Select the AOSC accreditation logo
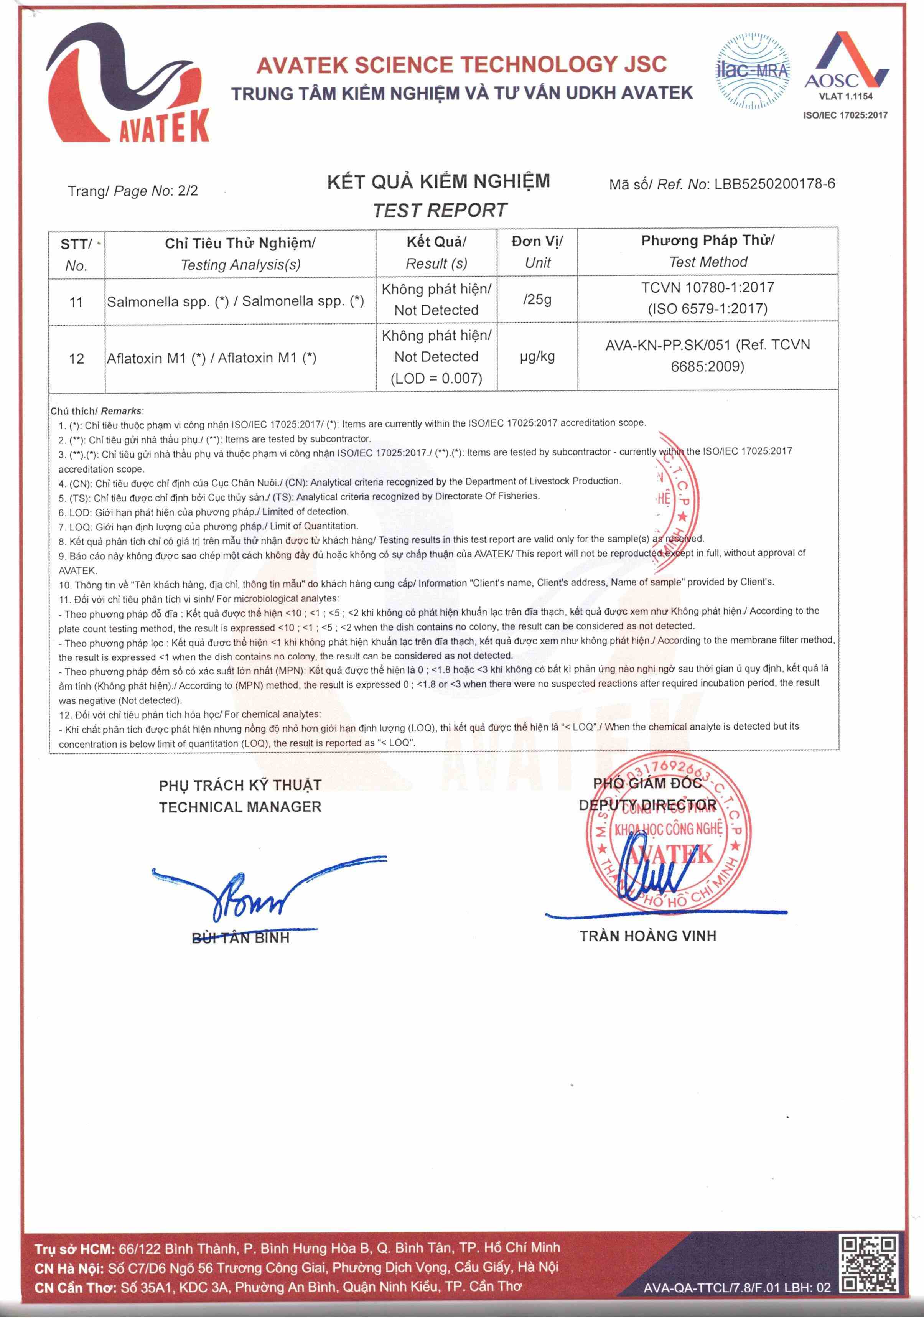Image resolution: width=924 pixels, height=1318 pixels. coord(845,69)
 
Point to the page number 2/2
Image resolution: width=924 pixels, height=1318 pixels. coord(188,191)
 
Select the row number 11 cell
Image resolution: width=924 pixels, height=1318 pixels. coord(76,302)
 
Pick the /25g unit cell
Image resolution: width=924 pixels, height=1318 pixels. coord(537,299)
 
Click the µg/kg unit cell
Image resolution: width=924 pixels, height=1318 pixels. coord(537,356)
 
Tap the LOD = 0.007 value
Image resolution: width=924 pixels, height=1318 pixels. coord(436,378)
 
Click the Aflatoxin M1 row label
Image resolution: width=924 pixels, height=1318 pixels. coord(211,358)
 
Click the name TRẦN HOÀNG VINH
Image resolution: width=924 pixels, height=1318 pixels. coord(647,936)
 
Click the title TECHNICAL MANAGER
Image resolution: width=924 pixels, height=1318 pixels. coord(240,807)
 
